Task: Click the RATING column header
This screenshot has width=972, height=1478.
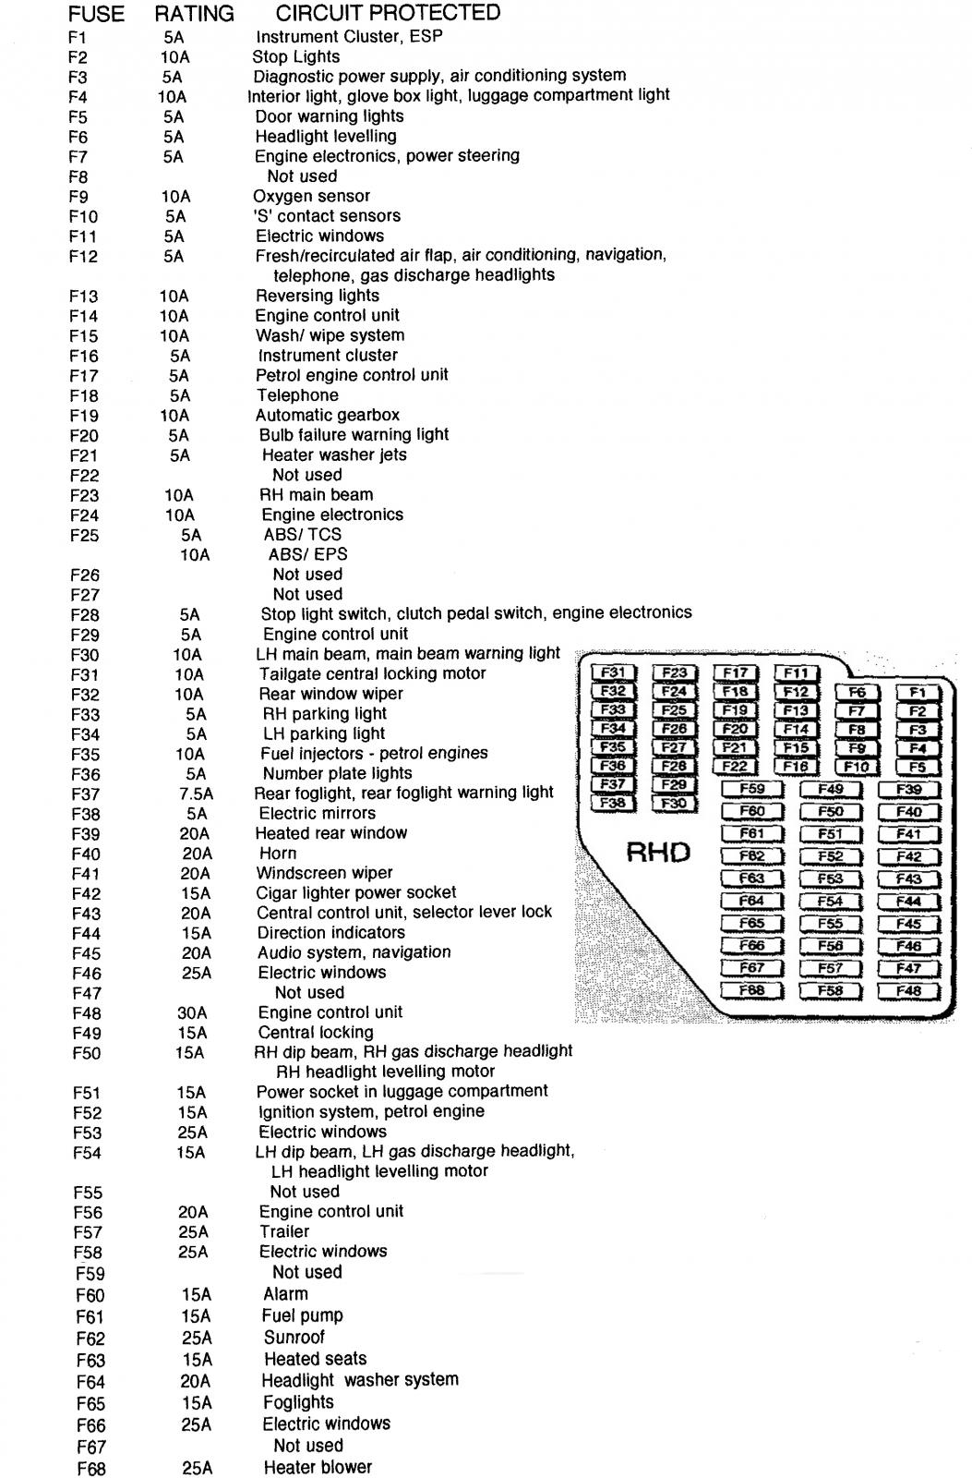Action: (194, 15)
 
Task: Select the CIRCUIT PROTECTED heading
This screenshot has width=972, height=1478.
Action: (388, 13)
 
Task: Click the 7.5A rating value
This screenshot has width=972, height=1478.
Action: (197, 794)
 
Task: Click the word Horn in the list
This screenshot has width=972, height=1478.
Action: (278, 854)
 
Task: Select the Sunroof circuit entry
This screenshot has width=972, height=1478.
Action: (294, 1337)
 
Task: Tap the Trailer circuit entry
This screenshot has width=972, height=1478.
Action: (284, 1231)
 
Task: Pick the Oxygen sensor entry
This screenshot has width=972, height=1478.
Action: (311, 196)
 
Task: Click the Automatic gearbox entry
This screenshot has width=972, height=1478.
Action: (328, 415)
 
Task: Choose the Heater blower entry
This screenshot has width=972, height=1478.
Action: (318, 1467)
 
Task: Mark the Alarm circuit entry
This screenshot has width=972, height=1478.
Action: (285, 1294)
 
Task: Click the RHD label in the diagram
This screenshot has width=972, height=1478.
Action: (658, 852)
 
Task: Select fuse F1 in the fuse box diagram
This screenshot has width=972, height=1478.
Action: (917, 692)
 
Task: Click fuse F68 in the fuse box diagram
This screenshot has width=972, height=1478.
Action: (752, 990)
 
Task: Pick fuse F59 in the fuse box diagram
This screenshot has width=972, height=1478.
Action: (752, 789)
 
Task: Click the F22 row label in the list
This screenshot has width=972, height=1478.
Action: (84, 476)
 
